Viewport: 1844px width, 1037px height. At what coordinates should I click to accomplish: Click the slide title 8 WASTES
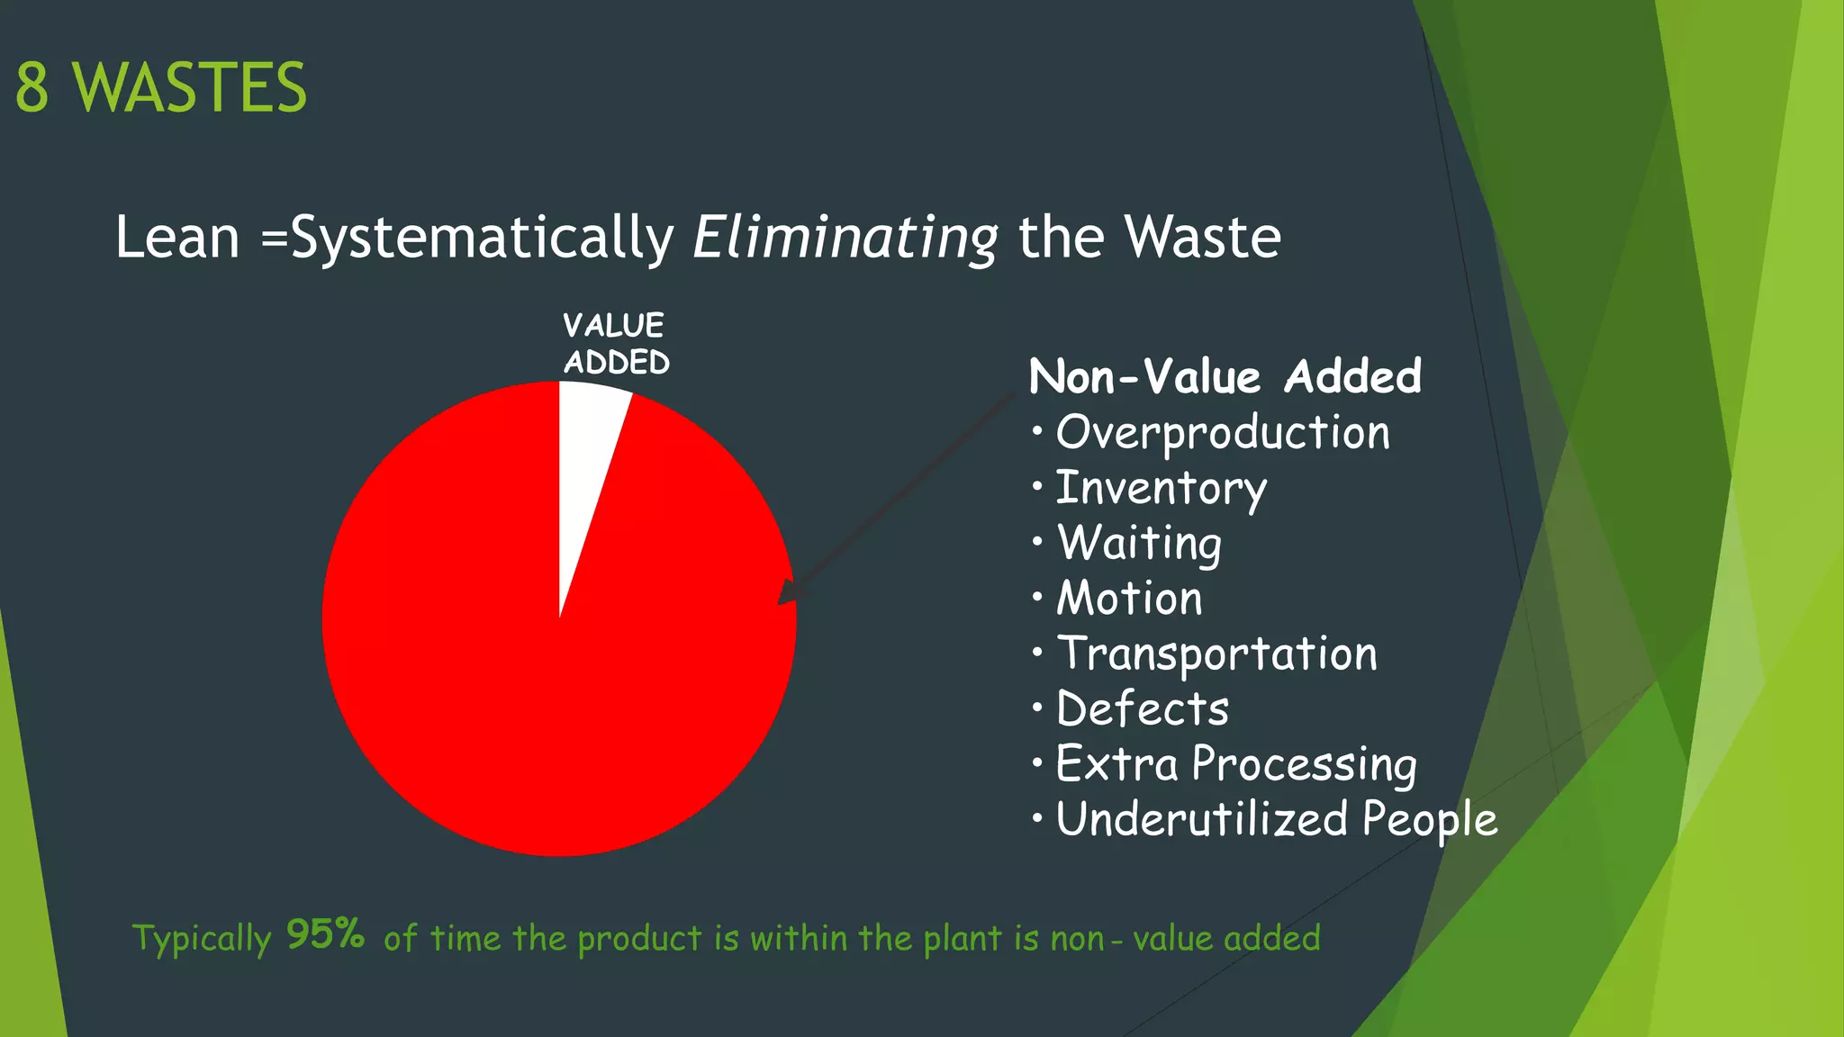[161, 88]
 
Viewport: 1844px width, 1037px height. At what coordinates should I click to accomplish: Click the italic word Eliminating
[845, 239]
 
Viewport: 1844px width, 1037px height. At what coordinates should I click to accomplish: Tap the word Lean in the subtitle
[177, 239]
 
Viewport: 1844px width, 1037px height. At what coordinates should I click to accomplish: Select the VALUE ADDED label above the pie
[616, 344]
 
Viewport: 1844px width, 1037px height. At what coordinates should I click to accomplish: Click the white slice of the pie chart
[586, 441]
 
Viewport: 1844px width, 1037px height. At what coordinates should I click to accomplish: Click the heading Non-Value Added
[1225, 376]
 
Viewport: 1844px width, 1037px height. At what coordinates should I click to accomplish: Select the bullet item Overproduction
[1222, 433]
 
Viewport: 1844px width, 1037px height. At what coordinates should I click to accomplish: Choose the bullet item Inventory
[1161, 489]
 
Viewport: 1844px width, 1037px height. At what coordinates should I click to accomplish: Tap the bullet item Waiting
[1139, 544]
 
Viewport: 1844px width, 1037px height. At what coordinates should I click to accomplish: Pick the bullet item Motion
[1129, 599]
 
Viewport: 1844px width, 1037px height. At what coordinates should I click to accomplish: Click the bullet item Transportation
[1216, 654]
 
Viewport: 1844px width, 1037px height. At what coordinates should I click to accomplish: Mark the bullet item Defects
[1142, 708]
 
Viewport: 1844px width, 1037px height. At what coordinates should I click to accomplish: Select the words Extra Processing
[1235, 764]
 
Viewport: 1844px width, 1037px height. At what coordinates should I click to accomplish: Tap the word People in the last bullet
[1429, 819]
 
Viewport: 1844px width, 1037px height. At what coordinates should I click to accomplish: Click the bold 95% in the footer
[325, 934]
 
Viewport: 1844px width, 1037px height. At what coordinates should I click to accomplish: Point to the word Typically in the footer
[202, 939]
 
